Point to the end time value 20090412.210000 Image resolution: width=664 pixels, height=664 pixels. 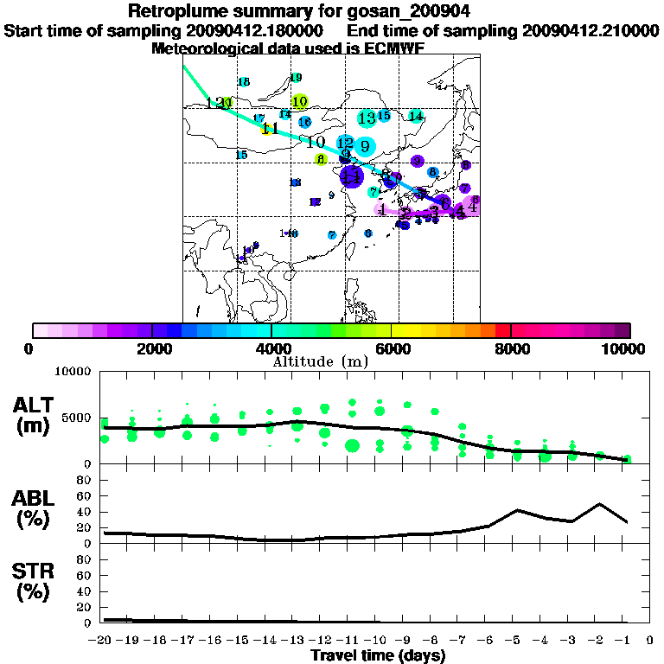[590, 30]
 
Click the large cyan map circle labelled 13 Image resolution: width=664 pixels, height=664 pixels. [367, 118]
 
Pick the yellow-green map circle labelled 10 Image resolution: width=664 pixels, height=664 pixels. [300, 102]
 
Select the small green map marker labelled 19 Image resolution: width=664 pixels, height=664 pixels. [296, 78]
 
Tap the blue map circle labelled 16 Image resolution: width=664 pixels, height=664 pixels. [304, 122]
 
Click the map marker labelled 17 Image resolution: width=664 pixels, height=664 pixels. [259, 118]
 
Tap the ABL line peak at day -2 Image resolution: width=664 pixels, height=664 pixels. [599, 503]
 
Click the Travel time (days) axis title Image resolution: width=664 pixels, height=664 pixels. [378, 655]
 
